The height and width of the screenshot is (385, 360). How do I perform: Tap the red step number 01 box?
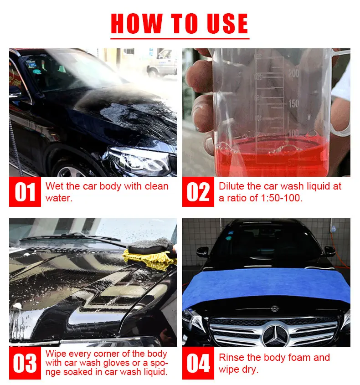[x=25, y=192]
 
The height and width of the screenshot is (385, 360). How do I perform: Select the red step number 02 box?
[x=198, y=192]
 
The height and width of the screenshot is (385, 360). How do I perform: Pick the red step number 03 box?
[x=25, y=364]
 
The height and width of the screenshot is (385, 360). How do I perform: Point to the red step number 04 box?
[x=198, y=364]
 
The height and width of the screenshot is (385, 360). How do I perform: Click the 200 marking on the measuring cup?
[x=293, y=73]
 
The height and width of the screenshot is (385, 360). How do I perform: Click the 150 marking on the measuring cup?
[x=293, y=103]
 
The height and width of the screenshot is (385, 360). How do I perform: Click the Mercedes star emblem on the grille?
[x=275, y=335]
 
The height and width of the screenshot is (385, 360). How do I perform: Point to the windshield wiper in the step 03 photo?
[x=68, y=238]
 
